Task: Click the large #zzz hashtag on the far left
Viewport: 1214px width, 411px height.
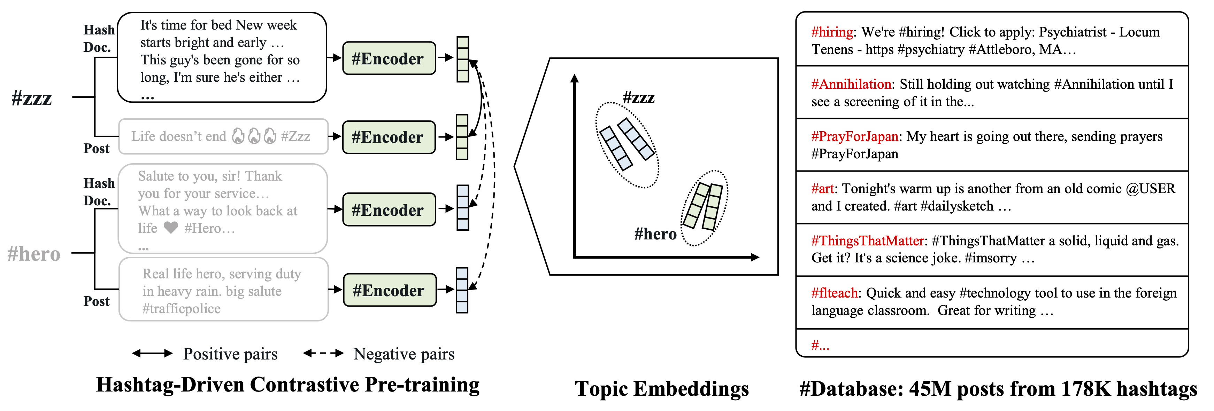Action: (32, 98)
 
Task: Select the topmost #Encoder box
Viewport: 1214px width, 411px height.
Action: (388, 58)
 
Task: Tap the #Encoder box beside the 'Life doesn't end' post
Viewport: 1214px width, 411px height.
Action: (388, 137)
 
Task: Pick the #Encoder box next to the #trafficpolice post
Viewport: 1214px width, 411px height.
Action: (389, 290)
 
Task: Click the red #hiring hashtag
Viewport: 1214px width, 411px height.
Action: (832, 32)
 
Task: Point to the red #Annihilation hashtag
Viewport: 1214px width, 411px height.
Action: (851, 84)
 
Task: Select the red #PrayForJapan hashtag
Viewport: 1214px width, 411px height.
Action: (854, 136)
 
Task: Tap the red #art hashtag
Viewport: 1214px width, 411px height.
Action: (822, 189)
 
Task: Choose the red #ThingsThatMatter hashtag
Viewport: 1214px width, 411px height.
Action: (867, 241)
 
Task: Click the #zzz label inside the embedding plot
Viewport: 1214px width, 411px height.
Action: (639, 98)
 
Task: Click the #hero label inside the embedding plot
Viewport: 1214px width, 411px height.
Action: (655, 234)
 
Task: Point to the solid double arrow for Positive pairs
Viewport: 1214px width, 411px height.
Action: (152, 354)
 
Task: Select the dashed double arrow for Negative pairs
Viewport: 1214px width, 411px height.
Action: (323, 354)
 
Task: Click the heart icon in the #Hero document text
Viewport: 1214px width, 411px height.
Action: (171, 228)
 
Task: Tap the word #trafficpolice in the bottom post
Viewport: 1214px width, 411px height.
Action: (182, 309)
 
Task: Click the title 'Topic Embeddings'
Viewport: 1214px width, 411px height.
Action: (662, 389)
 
